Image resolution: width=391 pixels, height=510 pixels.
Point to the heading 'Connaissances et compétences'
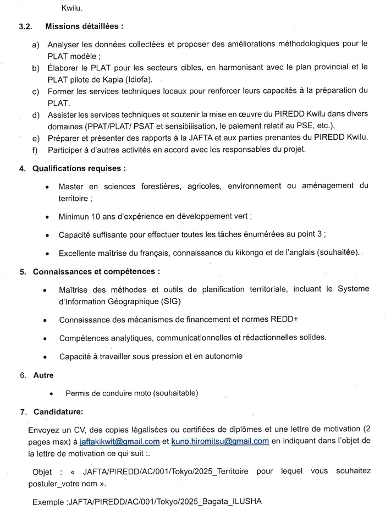click(96, 271)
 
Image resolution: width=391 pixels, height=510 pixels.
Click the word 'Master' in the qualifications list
click(71, 186)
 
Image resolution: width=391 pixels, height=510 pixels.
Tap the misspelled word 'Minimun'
click(75, 217)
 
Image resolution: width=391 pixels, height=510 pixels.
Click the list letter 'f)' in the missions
click(36, 149)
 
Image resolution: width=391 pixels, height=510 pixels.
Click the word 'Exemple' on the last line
click(48, 502)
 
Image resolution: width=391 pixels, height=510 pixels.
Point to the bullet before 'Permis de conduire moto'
click(51, 394)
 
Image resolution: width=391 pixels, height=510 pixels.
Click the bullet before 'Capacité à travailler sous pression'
click(45, 357)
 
